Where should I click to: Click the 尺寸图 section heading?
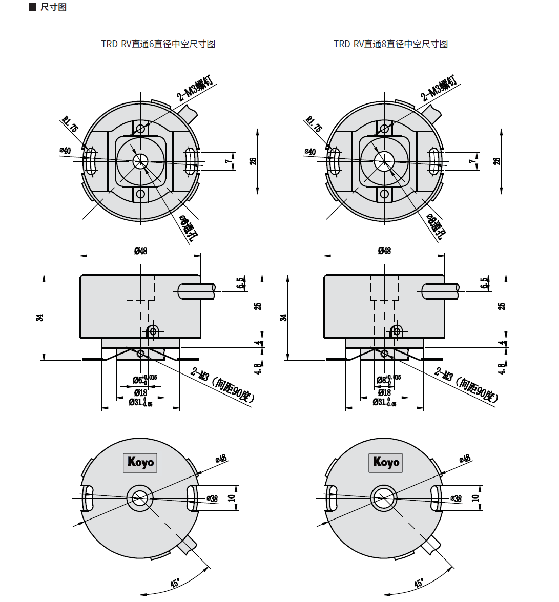pyautogui.click(x=53, y=7)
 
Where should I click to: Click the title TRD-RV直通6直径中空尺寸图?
pyautogui.click(x=158, y=44)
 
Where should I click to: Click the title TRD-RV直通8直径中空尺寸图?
pyautogui.click(x=390, y=44)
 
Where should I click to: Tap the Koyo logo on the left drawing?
pyautogui.click(x=140, y=462)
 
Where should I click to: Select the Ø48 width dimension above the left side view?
pyautogui.click(x=140, y=251)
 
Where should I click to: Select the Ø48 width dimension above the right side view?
pyautogui.click(x=384, y=251)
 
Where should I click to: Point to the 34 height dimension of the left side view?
pyautogui.click(x=39, y=318)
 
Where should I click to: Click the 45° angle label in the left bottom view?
pyautogui.click(x=175, y=583)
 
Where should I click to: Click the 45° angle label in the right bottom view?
pyautogui.click(x=419, y=583)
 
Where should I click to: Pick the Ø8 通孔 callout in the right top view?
pyautogui.click(x=436, y=227)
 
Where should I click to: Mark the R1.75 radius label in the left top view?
pyautogui.click(x=70, y=124)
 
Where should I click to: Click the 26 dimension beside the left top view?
pyautogui.click(x=253, y=161)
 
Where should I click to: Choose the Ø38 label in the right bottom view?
pyautogui.click(x=456, y=498)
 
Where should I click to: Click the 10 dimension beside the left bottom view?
pyautogui.click(x=232, y=497)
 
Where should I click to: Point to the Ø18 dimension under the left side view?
pyautogui.click(x=140, y=392)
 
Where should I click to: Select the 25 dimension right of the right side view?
pyautogui.click(x=502, y=306)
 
